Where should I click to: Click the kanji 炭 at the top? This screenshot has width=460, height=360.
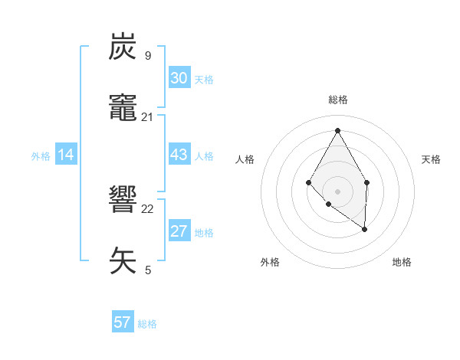tap(123, 47)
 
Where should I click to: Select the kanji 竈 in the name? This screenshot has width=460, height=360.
tap(123, 108)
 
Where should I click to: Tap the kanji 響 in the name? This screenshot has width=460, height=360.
tap(123, 201)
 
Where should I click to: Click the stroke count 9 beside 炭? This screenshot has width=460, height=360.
tap(148, 55)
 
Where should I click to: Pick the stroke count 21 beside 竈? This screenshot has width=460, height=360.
tap(148, 116)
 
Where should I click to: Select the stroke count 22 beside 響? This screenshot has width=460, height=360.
tap(148, 209)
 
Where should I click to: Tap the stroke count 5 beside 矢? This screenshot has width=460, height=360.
tap(148, 270)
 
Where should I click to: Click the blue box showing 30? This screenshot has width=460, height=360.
tap(179, 78)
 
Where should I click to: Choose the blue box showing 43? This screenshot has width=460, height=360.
tap(179, 155)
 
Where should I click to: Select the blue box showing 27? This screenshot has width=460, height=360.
tap(179, 231)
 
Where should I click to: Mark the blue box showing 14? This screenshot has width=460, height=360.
tap(66, 155)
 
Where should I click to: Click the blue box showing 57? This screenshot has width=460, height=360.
tap(123, 322)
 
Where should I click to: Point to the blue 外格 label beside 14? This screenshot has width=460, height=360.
tap(41, 156)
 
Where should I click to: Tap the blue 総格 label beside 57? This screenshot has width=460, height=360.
tap(147, 324)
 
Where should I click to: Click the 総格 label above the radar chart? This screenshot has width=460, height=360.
tap(337, 100)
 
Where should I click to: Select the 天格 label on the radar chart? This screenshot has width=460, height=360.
tap(431, 159)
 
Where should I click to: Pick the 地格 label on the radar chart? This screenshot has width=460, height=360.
tap(402, 262)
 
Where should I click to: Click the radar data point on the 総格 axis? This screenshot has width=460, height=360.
tap(337, 129)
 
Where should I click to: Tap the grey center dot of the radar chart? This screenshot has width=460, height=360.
tap(337, 191)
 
